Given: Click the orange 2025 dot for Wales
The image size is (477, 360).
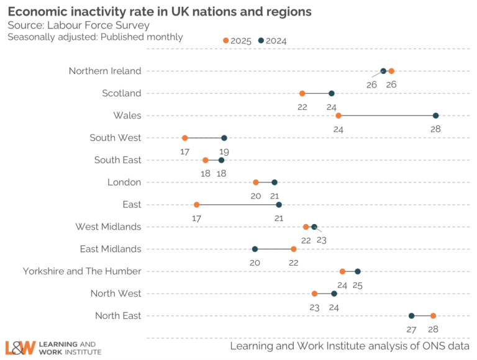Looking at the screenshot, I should coord(338,115).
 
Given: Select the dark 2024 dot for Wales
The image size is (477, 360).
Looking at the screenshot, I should coord(435,115).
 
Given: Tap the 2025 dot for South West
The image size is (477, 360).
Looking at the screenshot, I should coord(184,138).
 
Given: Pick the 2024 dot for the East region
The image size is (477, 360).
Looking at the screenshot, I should coord(279,204).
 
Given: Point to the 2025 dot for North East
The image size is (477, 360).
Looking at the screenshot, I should coord(433,315).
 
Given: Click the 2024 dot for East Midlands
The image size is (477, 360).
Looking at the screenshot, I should coord(255,249).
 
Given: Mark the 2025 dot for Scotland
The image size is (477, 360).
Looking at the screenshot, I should coord(302,93).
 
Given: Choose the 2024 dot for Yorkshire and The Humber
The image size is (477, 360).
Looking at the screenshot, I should coord(358,271).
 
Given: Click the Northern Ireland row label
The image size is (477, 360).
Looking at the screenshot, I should coord(105,71).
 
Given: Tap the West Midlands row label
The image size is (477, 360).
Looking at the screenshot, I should coord(108,227).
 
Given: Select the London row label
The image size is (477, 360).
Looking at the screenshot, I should coord(124,182).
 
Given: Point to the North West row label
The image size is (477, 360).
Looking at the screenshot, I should coord(116,293).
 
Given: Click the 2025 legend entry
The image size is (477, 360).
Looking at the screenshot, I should coord(237,41).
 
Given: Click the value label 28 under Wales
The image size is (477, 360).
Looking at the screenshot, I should coord(435,129).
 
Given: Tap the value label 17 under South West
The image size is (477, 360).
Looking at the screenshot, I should coord(184,151).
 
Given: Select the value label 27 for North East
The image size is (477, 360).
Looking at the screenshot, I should coord(411,329).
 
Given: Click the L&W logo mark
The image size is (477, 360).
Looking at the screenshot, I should coord(20,348).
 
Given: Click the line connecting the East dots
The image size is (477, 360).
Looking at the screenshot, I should coord(238,204).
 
